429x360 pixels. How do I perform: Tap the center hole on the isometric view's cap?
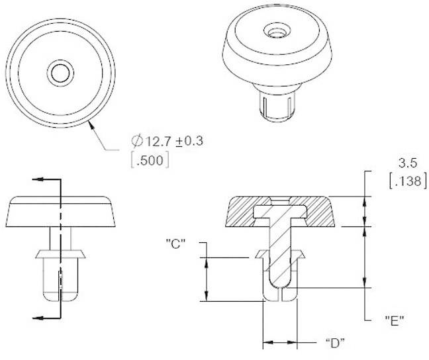273,31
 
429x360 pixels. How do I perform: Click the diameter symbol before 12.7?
137,140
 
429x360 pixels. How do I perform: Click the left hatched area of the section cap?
240,212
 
